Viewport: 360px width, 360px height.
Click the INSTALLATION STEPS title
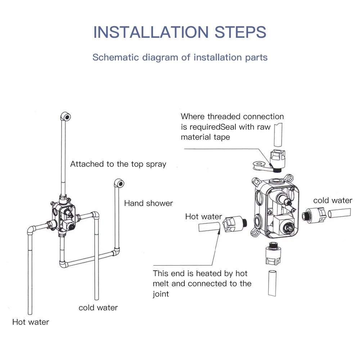pos(180,32)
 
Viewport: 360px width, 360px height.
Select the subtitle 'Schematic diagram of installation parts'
pos(180,57)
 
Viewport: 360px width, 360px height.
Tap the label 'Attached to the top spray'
pos(118,164)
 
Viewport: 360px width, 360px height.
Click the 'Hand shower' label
pos(148,203)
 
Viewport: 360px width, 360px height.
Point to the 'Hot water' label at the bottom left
pos(31,322)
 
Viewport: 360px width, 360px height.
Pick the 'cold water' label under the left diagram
pos(98,307)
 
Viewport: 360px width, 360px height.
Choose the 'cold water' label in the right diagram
pos(333,201)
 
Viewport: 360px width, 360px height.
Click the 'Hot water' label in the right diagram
pos(203,216)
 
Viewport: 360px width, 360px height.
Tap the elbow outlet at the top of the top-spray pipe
pos(66,116)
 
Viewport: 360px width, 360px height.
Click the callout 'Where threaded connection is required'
pos(232,117)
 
